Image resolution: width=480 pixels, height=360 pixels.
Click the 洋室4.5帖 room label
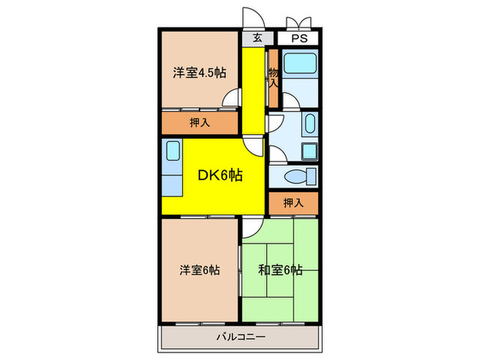[x=200, y=72]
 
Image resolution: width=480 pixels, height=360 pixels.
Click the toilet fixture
[x=297, y=176]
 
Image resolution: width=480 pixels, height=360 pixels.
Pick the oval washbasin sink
[x=309, y=125]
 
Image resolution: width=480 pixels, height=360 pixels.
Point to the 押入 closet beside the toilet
[x=292, y=202]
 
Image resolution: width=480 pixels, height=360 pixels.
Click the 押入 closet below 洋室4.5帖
[x=199, y=123]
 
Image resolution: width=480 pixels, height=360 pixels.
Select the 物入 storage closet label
[x=273, y=77]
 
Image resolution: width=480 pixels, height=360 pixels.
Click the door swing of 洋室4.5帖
[x=231, y=99]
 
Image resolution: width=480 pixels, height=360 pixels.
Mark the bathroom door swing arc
[x=291, y=103]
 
